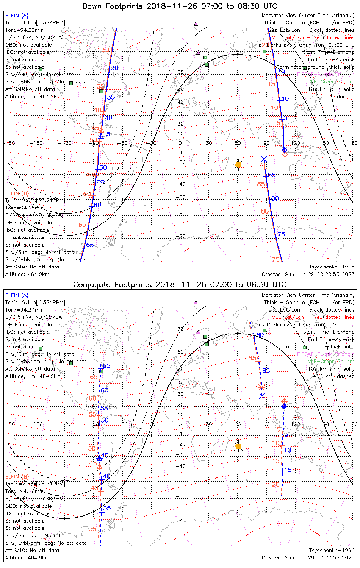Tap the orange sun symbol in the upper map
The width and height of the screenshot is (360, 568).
238,165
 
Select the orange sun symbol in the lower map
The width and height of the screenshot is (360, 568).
238,446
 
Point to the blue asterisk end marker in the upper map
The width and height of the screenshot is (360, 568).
264,159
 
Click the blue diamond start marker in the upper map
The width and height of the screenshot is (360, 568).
285,150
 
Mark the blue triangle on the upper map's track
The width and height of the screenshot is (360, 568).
101,136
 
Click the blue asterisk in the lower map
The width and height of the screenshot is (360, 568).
262,396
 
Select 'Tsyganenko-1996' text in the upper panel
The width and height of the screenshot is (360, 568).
332,267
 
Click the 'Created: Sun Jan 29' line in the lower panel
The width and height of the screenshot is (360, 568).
308,558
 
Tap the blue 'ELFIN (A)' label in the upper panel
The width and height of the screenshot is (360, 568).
17,16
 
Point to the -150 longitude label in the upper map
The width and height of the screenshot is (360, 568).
38,143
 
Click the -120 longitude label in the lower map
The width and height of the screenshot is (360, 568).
67,424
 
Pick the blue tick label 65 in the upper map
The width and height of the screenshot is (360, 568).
90,245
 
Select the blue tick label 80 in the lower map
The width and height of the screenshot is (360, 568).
260,335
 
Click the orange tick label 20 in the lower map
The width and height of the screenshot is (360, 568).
275,485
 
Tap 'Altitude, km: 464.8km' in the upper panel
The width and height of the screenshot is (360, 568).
33,97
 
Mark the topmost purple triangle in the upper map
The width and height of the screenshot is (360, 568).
196,23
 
